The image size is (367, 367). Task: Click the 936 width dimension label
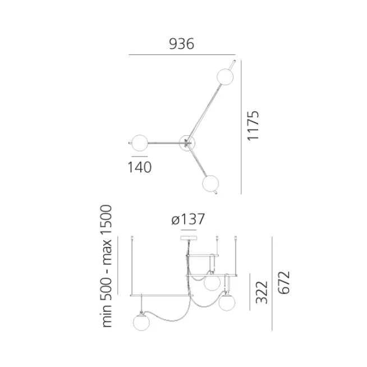[182, 44]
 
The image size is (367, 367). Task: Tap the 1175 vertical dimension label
[253, 126]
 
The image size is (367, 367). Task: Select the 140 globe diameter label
[140, 167]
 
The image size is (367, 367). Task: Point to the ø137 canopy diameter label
[188, 219]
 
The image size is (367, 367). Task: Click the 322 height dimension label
[262, 292]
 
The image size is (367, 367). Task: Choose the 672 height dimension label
[284, 282]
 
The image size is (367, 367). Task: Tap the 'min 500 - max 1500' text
[106, 266]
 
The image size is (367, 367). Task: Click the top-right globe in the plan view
[225, 76]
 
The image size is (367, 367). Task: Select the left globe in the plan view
[140, 143]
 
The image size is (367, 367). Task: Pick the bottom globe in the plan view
[210, 183]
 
